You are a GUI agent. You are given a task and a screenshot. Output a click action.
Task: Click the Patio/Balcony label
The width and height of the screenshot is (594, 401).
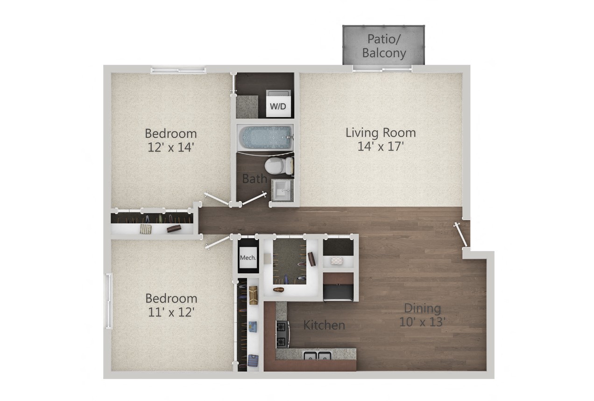coord(384,46)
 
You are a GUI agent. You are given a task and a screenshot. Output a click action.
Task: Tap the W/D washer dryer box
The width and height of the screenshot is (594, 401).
coord(278,105)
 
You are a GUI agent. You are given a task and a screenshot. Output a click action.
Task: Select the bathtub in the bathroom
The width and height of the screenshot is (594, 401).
coord(264,138)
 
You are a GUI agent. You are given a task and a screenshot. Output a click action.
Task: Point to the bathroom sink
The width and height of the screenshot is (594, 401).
coord(282,190)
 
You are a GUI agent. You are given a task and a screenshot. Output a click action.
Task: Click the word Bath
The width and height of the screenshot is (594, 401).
coord(255,178)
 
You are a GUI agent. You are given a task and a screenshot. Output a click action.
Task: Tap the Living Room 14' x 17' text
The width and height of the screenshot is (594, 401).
coord(381,139)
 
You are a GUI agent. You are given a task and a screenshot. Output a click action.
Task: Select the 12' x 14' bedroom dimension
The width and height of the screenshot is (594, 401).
coord(170,148)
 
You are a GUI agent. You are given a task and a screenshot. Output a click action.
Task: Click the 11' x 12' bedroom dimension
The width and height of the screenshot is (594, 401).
coord(171,312)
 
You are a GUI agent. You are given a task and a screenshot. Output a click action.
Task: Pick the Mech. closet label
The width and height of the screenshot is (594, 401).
coord(247,258)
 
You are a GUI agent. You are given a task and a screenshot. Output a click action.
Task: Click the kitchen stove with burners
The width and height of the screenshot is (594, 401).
coord(282,334)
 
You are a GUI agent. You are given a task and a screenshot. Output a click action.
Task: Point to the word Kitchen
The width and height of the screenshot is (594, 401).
coord(324,325)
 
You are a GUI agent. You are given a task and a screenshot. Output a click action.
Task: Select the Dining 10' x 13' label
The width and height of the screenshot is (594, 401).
coord(422,315)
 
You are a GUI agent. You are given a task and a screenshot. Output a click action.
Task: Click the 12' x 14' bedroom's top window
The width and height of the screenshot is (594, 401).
coord(178,70)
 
